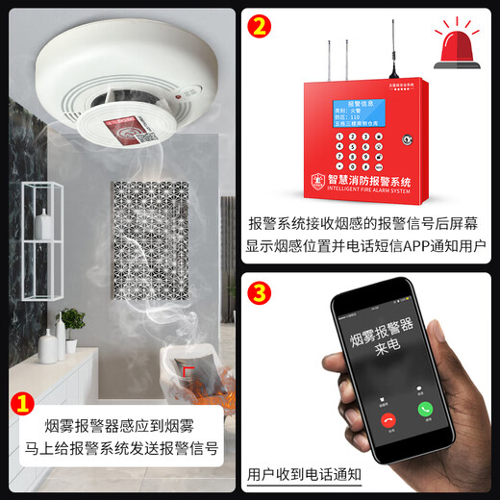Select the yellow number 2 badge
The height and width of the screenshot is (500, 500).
coord(257,26)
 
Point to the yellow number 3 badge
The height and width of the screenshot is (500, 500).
coord(257,290)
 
